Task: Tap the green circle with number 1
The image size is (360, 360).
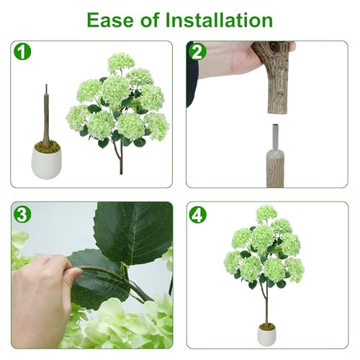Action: tap(22, 52)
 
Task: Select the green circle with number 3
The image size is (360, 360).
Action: tap(22, 214)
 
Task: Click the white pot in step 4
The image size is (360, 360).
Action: tap(266, 334)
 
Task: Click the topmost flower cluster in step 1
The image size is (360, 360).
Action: tap(121, 62)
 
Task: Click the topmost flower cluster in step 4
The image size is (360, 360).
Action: tap(266, 213)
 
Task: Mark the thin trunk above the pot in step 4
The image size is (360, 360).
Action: tap(266, 306)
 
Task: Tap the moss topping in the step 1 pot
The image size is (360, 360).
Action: tap(47, 147)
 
